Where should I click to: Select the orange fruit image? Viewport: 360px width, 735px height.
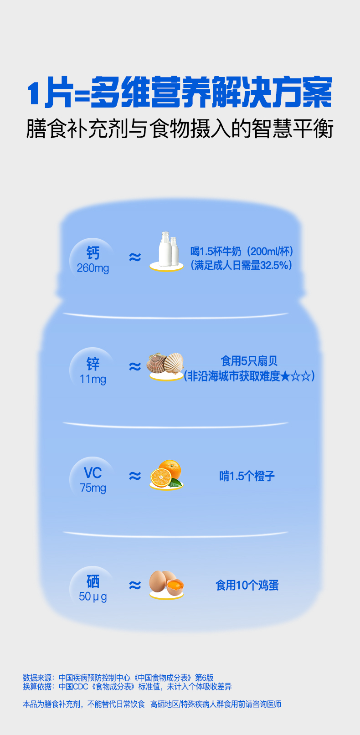[166, 474]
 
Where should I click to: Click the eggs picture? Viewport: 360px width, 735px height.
[166, 583]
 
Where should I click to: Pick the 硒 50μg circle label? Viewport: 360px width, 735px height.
[93, 588]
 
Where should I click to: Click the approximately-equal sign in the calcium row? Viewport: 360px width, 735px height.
[135, 257]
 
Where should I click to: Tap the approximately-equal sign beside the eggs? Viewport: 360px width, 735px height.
[135, 585]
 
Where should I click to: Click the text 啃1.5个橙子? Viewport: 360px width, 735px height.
[247, 476]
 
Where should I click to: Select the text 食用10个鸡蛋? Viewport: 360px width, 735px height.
[247, 585]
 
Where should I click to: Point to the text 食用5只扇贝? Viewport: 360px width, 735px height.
[249, 361]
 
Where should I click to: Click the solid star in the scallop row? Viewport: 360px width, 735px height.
[285, 376]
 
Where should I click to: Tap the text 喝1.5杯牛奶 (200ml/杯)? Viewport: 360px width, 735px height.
[242, 251]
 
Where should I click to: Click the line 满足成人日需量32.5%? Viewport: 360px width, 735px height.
[242, 265]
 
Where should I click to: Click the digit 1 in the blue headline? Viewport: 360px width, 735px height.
[34, 94]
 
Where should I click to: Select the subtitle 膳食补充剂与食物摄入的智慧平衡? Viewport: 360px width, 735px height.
[180, 129]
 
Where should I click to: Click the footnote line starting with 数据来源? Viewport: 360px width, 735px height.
[118, 678]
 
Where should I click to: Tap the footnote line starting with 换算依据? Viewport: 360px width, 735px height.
[127, 686]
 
